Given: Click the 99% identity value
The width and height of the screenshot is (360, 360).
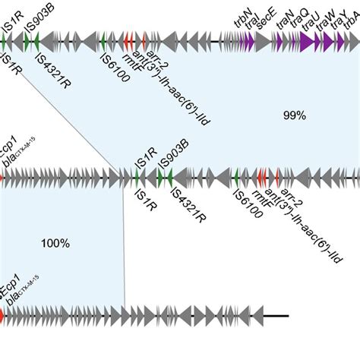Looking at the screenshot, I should (294, 115).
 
